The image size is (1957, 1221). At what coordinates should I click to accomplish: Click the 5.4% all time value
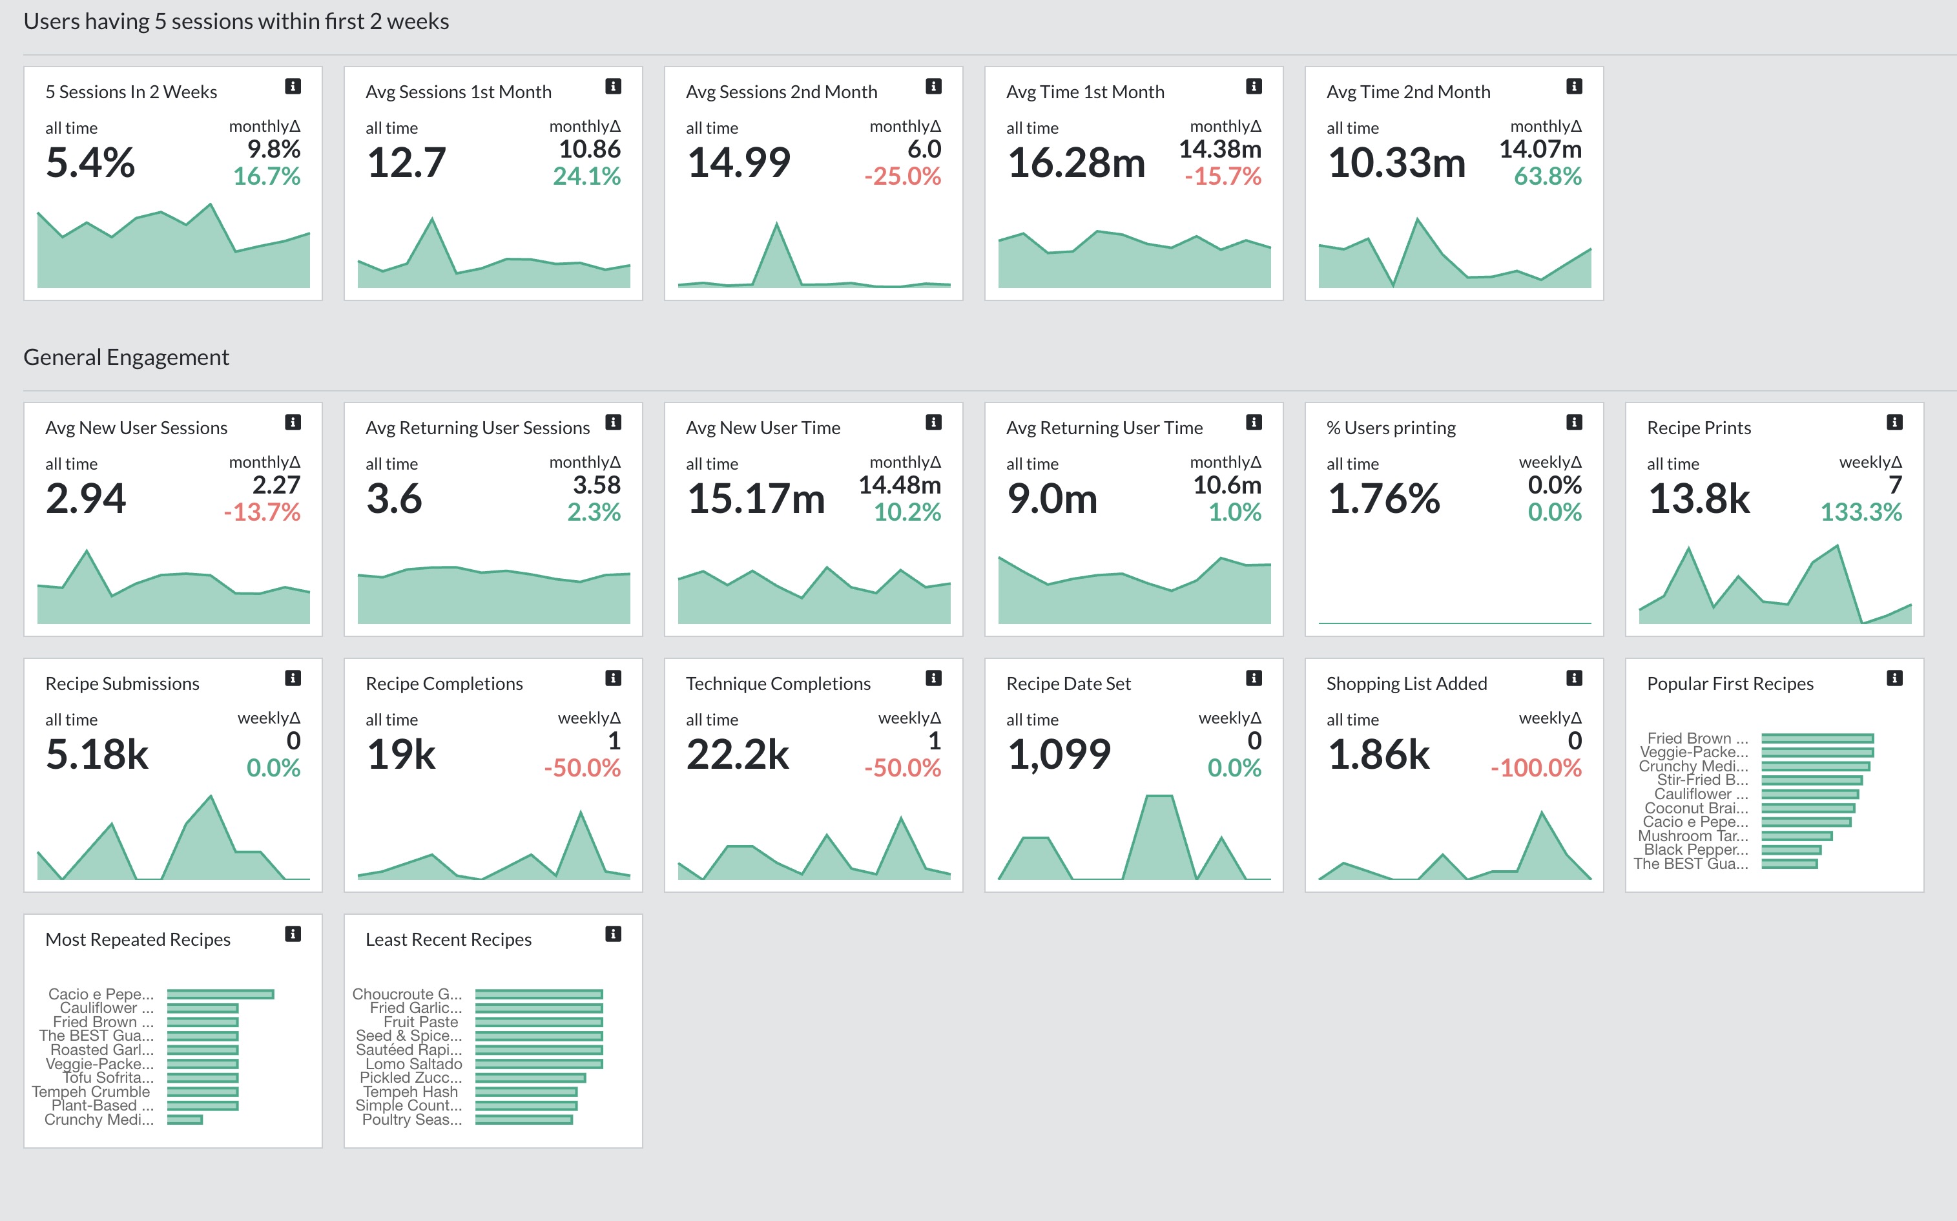(90, 163)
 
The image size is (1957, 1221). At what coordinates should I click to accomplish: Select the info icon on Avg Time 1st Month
(1253, 87)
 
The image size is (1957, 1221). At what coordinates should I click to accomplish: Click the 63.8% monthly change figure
(1547, 176)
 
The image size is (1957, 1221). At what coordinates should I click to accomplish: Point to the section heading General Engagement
(126, 357)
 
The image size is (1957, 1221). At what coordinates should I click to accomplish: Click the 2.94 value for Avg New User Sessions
(85, 498)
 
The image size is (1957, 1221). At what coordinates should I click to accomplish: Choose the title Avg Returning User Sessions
(477, 428)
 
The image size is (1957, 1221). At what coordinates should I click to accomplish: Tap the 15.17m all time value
(755, 498)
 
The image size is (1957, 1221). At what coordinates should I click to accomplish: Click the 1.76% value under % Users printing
(1383, 498)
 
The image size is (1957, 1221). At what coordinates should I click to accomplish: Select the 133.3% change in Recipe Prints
(1860, 512)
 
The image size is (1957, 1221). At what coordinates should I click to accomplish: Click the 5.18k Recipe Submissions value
(97, 755)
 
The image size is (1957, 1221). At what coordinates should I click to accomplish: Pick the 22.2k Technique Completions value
(737, 755)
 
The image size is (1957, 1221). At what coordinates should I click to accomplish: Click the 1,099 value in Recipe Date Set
(1059, 755)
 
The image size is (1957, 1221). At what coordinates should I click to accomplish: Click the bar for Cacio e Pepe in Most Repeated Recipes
(220, 994)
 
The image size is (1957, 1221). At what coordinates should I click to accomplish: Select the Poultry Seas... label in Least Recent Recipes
(412, 1119)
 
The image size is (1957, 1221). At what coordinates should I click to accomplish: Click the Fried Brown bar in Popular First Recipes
(1816, 738)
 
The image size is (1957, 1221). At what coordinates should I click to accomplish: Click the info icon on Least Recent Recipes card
(613, 934)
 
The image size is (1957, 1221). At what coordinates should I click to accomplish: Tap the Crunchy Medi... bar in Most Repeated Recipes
(184, 1119)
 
